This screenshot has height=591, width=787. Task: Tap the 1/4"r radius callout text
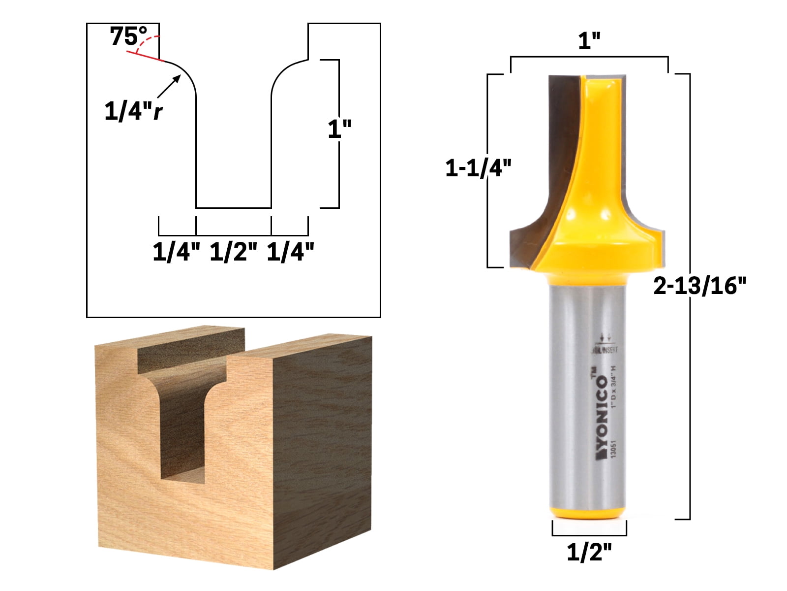(x=133, y=111)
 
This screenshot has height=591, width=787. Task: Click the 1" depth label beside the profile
(x=339, y=129)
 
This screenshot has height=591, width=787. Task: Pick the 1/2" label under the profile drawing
(x=234, y=252)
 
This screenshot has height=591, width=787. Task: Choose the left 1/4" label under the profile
(x=177, y=252)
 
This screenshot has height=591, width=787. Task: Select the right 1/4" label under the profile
(x=290, y=252)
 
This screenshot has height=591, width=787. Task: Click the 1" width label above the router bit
(x=589, y=41)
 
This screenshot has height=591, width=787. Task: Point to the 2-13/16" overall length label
(x=699, y=286)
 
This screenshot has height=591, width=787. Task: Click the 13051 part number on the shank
(x=613, y=449)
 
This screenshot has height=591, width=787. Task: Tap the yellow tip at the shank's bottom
(x=588, y=513)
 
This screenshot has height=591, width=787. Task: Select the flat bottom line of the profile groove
(x=234, y=208)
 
